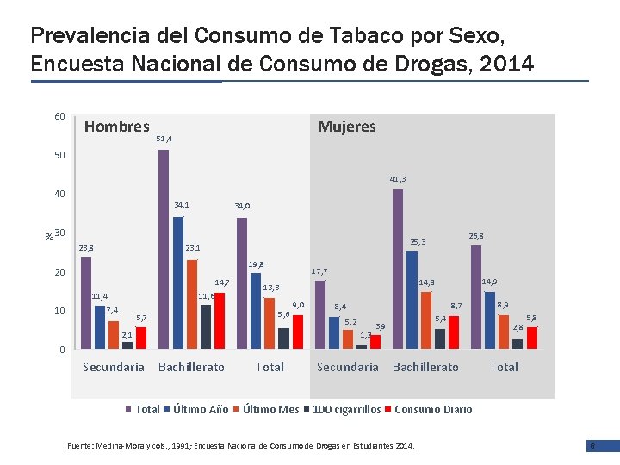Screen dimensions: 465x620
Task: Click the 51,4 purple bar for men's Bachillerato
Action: coord(164,249)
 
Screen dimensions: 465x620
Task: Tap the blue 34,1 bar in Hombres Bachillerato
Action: coord(178,282)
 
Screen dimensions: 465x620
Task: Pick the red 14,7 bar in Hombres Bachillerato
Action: coord(220,320)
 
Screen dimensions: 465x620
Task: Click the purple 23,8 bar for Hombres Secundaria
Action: coord(86,302)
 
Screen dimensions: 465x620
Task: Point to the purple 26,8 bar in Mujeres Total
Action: coord(476,297)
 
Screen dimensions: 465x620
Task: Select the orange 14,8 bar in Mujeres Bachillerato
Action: coord(426,319)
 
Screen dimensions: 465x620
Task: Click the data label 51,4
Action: coord(164,139)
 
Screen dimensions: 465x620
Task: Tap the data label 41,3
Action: coord(398,179)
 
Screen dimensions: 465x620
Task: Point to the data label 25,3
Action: coord(418,242)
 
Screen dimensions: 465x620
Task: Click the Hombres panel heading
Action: coord(117,127)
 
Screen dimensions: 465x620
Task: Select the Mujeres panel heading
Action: coord(347,127)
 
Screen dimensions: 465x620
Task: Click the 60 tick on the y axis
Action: coord(59,116)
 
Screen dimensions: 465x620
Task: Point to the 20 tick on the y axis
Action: coord(59,272)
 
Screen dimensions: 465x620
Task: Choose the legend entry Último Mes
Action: coord(270,409)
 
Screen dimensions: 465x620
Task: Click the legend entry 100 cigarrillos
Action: coord(345,409)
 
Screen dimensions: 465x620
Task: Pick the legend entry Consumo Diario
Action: coord(432,409)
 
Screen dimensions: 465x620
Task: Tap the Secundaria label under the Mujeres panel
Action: coord(347,367)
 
